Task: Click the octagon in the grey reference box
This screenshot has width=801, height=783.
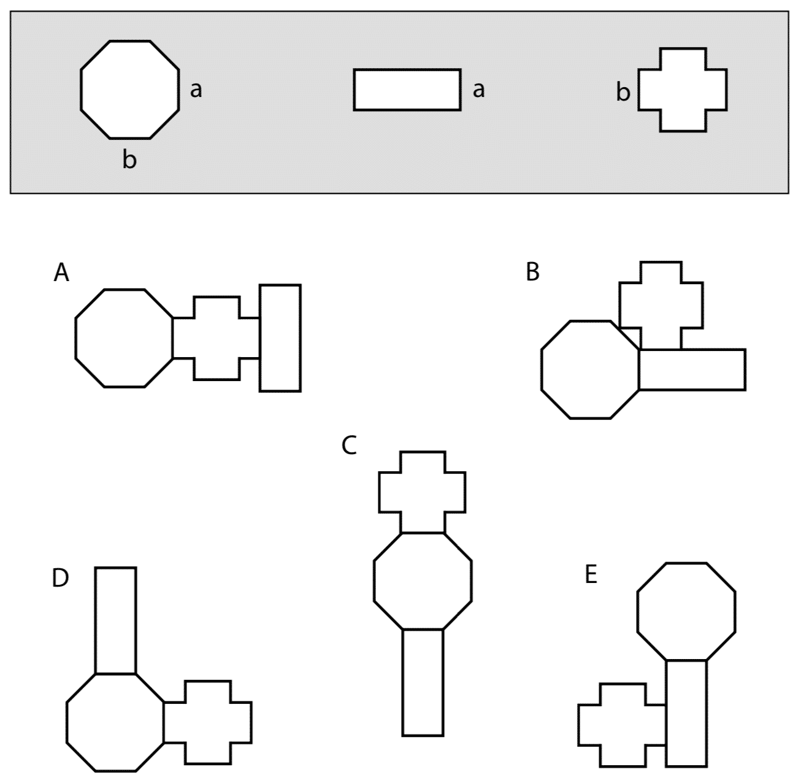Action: coord(130,89)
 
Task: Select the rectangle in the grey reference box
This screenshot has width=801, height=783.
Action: coord(407,90)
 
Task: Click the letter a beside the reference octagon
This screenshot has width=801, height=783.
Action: coord(196,90)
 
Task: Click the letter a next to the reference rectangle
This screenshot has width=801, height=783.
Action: coord(478,90)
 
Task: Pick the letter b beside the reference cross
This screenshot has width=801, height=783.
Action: coord(623,93)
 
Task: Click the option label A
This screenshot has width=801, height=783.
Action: coord(61,272)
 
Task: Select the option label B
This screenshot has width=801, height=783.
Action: coord(532,272)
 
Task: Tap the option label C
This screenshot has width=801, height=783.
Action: coord(348,445)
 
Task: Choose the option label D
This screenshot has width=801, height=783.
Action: coord(60,578)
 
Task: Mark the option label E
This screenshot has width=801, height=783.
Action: coord(591,576)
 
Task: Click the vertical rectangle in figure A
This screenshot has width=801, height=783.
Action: coord(280,337)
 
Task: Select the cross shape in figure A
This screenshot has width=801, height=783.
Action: coord(216,337)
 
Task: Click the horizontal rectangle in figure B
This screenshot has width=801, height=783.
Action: coord(692,369)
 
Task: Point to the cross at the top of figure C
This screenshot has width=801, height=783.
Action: coord(422,492)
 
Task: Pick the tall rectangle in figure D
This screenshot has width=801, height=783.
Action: coord(115,620)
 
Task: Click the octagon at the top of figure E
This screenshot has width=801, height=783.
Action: coord(686,611)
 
